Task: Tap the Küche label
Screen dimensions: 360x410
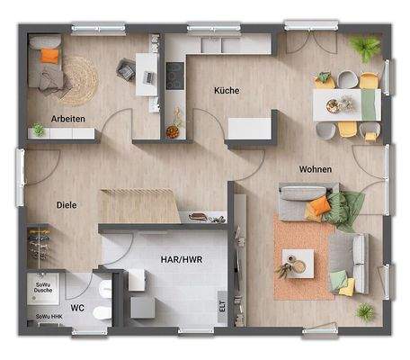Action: [x=226, y=90]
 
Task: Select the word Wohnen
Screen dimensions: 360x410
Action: [x=316, y=169]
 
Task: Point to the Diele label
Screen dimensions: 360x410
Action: [x=66, y=204]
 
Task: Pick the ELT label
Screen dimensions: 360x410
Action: [x=221, y=307]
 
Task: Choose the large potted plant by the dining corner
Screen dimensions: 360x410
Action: [x=365, y=48]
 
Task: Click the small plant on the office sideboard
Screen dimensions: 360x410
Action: [x=38, y=131]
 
